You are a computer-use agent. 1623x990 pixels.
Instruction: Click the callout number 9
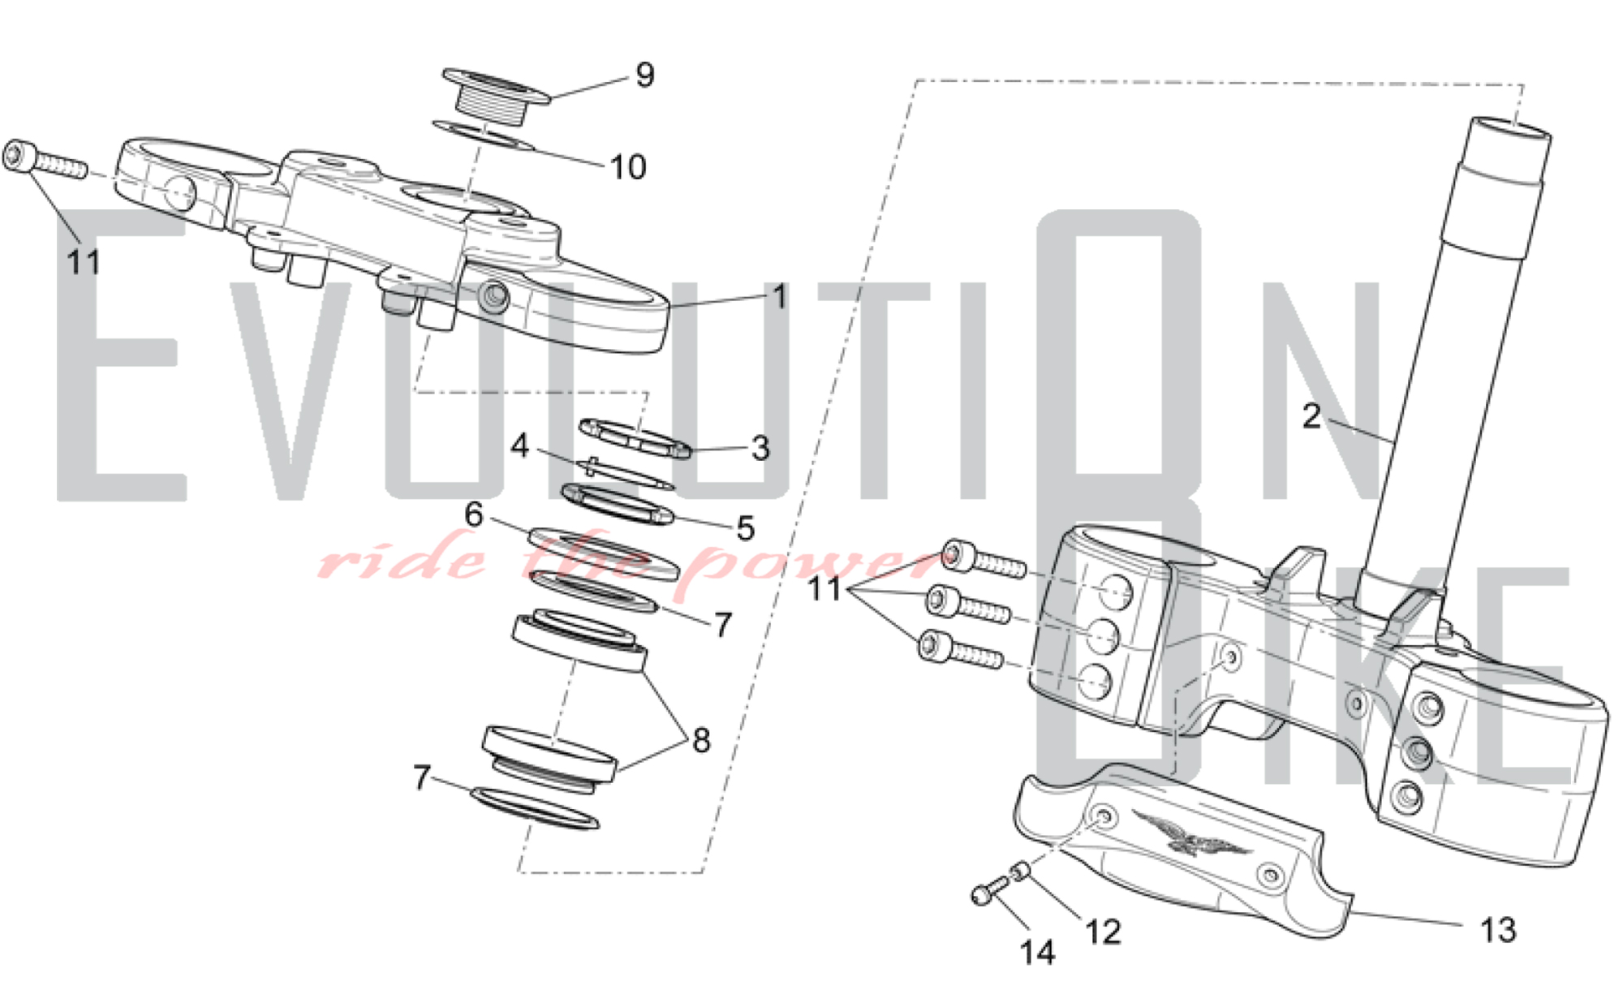[644, 75]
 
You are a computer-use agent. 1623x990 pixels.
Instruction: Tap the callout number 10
[627, 167]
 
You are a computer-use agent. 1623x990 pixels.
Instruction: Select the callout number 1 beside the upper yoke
[779, 297]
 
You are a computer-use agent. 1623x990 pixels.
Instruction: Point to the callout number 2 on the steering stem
[1311, 417]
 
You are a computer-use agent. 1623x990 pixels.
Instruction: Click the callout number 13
[1497, 930]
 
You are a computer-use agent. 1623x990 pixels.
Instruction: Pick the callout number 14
[1037, 953]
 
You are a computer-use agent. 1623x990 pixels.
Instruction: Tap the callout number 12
[1103, 932]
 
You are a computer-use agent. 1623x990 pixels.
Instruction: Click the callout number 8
[701, 740]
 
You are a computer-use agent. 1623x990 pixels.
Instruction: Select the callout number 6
[474, 514]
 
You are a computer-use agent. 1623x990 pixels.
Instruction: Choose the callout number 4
[519, 445]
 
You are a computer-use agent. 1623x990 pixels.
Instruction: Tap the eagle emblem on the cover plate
[1190, 833]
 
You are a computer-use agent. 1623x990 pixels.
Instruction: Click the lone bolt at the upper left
[42, 161]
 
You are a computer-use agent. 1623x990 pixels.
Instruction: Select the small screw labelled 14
[984, 894]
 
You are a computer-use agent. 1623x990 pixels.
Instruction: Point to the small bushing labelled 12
[1020, 872]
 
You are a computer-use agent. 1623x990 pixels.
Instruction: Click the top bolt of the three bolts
[984, 561]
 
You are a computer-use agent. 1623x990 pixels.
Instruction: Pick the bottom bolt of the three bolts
[960, 651]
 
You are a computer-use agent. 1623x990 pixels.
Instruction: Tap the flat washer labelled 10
[484, 136]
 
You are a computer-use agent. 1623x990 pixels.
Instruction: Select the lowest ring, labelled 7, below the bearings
[536, 808]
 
